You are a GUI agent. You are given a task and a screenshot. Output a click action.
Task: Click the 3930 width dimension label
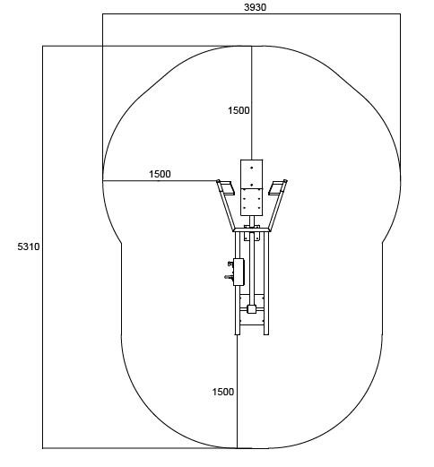(x=255, y=7)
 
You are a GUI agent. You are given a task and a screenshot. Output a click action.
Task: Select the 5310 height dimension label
(x=29, y=246)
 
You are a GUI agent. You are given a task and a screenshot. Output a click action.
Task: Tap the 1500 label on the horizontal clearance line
(x=160, y=174)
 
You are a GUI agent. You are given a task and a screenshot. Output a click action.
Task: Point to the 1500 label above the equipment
(x=239, y=110)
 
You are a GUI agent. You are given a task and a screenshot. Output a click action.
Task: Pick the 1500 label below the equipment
(x=223, y=392)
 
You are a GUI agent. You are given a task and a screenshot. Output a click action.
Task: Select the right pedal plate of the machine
(x=276, y=187)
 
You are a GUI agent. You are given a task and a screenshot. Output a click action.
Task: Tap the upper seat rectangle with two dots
(x=252, y=174)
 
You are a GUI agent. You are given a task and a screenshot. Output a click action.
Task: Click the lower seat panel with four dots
(x=252, y=202)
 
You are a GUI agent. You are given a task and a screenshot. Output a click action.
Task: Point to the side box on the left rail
(x=239, y=272)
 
